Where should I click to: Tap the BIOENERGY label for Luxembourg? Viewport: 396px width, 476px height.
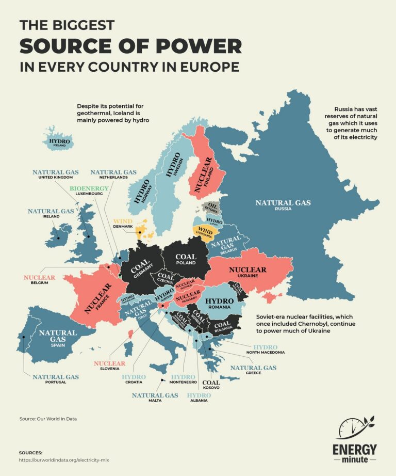(90, 188)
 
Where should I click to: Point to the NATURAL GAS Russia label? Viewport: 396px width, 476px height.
(283, 203)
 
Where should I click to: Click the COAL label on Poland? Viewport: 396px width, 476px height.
(186, 257)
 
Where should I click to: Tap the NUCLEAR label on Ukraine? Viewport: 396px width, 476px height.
(247, 269)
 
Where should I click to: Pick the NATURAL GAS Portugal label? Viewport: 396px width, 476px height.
(55, 377)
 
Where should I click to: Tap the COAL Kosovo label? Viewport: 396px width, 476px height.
(211, 383)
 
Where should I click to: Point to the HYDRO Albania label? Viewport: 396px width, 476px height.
(199, 395)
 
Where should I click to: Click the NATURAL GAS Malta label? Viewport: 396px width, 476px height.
(155, 395)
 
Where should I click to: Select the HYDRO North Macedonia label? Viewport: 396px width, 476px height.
(265, 347)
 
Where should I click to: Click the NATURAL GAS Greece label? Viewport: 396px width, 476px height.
(253, 368)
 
